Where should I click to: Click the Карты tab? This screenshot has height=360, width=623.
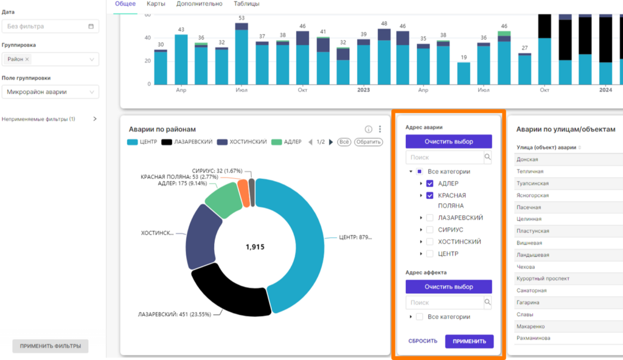156,4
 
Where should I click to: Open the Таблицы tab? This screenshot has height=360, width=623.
246,4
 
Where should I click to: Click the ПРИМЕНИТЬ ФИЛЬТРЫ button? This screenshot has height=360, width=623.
50,346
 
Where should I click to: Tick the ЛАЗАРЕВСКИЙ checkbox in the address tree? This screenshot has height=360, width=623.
430,218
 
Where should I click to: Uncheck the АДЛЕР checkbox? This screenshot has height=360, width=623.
430,184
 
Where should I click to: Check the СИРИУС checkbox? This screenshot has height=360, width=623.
430,230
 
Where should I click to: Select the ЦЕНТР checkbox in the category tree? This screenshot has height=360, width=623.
430,254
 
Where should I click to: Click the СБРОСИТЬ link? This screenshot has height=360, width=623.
423,341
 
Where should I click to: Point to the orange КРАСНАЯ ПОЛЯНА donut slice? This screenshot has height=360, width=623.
243,193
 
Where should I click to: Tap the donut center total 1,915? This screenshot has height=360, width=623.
255,247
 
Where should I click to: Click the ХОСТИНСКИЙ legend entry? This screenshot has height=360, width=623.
242,142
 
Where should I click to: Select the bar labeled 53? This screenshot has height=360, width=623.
242,54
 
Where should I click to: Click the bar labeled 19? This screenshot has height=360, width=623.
464,74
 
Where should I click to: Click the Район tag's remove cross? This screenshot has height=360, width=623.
27,59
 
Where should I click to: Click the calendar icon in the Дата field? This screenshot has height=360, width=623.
91,26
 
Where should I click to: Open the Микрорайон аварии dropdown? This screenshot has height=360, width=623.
50,92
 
